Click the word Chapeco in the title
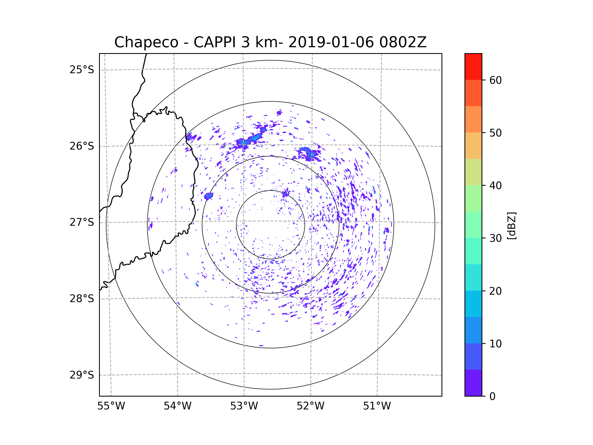pyautogui.click(x=146, y=42)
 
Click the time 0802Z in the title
pyautogui.click(x=403, y=42)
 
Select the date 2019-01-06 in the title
pyautogui.click(x=331, y=42)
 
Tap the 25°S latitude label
pyautogui.click(x=82, y=70)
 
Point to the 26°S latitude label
pyautogui.click(x=82, y=146)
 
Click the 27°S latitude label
pyautogui.click(x=82, y=222)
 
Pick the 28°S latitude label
pyautogui.click(x=82, y=299)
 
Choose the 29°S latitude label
pyautogui.click(x=82, y=375)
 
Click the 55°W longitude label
pyautogui.click(x=111, y=406)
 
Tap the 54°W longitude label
pyautogui.click(x=177, y=406)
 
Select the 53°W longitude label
pyautogui.click(x=244, y=406)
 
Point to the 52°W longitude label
pyautogui.click(x=310, y=406)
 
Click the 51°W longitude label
pyautogui.click(x=377, y=406)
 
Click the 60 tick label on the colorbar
pyautogui.click(x=495, y=80)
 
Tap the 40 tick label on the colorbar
pyautogui.click(x=495, y=186)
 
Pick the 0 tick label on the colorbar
pyautogui.click(x=492, y=397)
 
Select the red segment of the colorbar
pyautogui.click(x=473, y=67)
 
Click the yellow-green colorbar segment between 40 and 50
pyautogui.click(x=473, y=172)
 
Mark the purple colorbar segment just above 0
pyautogui.click(x=473, y=383)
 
